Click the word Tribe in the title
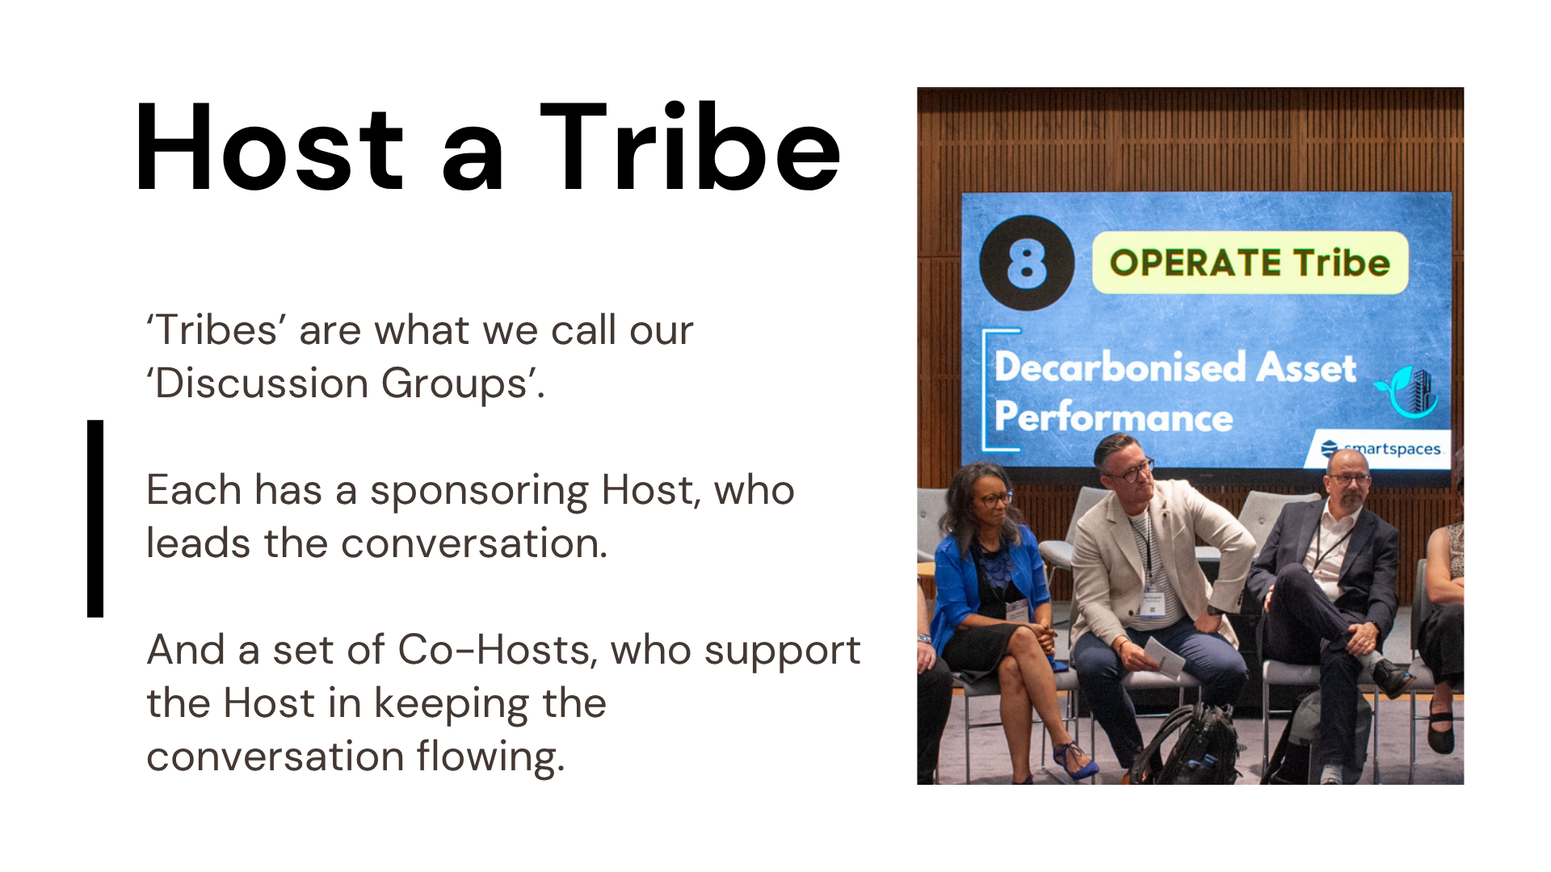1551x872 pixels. tap(691, 149)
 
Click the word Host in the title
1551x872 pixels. tap(269, 149)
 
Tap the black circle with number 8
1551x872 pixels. tap(1027, 263)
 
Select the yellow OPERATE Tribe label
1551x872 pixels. tap(1249, 263)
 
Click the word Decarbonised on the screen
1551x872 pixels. tap(1119, 367)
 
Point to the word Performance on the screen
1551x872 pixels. tap(1113, 417)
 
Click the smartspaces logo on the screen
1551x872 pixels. tap(1381, 449)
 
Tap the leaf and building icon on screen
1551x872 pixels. tap(1410, 392)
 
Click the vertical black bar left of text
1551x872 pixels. tap(95, 518)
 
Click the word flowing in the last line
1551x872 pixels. tap(490, 757)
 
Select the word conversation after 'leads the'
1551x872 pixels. tap(473, 543)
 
